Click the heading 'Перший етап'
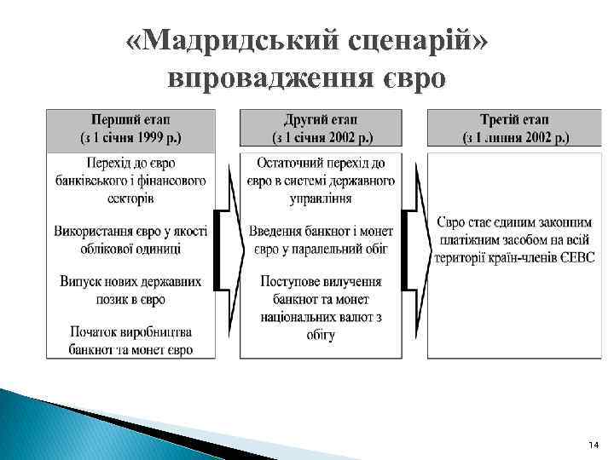133,118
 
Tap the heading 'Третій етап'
515,118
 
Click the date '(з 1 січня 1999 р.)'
133,136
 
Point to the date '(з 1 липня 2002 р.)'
515,136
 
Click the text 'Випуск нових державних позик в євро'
131,290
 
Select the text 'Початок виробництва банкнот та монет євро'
131,340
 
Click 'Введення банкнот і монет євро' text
321,239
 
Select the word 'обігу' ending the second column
321,335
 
